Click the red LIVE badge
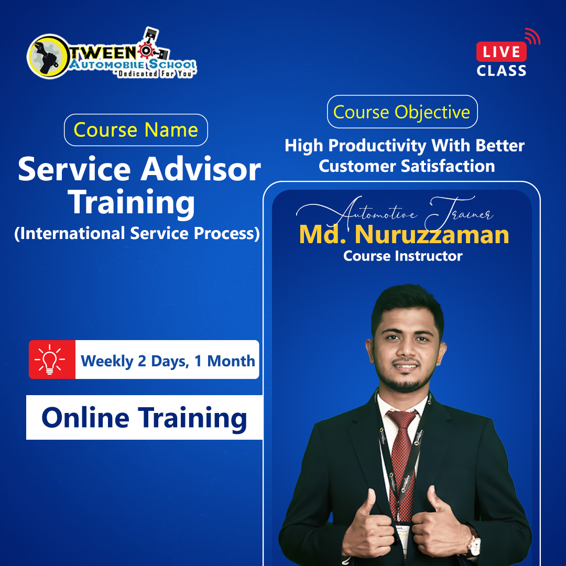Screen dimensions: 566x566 [501, 51]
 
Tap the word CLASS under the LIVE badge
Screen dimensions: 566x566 [502, 71]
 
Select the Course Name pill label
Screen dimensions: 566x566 [136, 130]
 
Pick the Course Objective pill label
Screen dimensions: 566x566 [402, 112]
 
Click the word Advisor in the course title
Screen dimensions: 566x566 [201, 169]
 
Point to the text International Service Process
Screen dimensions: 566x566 [137, 233]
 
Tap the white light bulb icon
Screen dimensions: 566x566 [50, 360]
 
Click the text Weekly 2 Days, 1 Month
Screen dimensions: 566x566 [168, 361]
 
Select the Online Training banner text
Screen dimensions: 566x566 [145, 418]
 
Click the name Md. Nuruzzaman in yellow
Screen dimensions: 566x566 [404, 234]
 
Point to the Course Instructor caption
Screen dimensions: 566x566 [403, 256]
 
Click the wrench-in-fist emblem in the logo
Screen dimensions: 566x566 [47, 57]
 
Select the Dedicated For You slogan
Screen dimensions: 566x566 [156, 74]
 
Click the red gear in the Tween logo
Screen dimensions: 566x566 [146, 51]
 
